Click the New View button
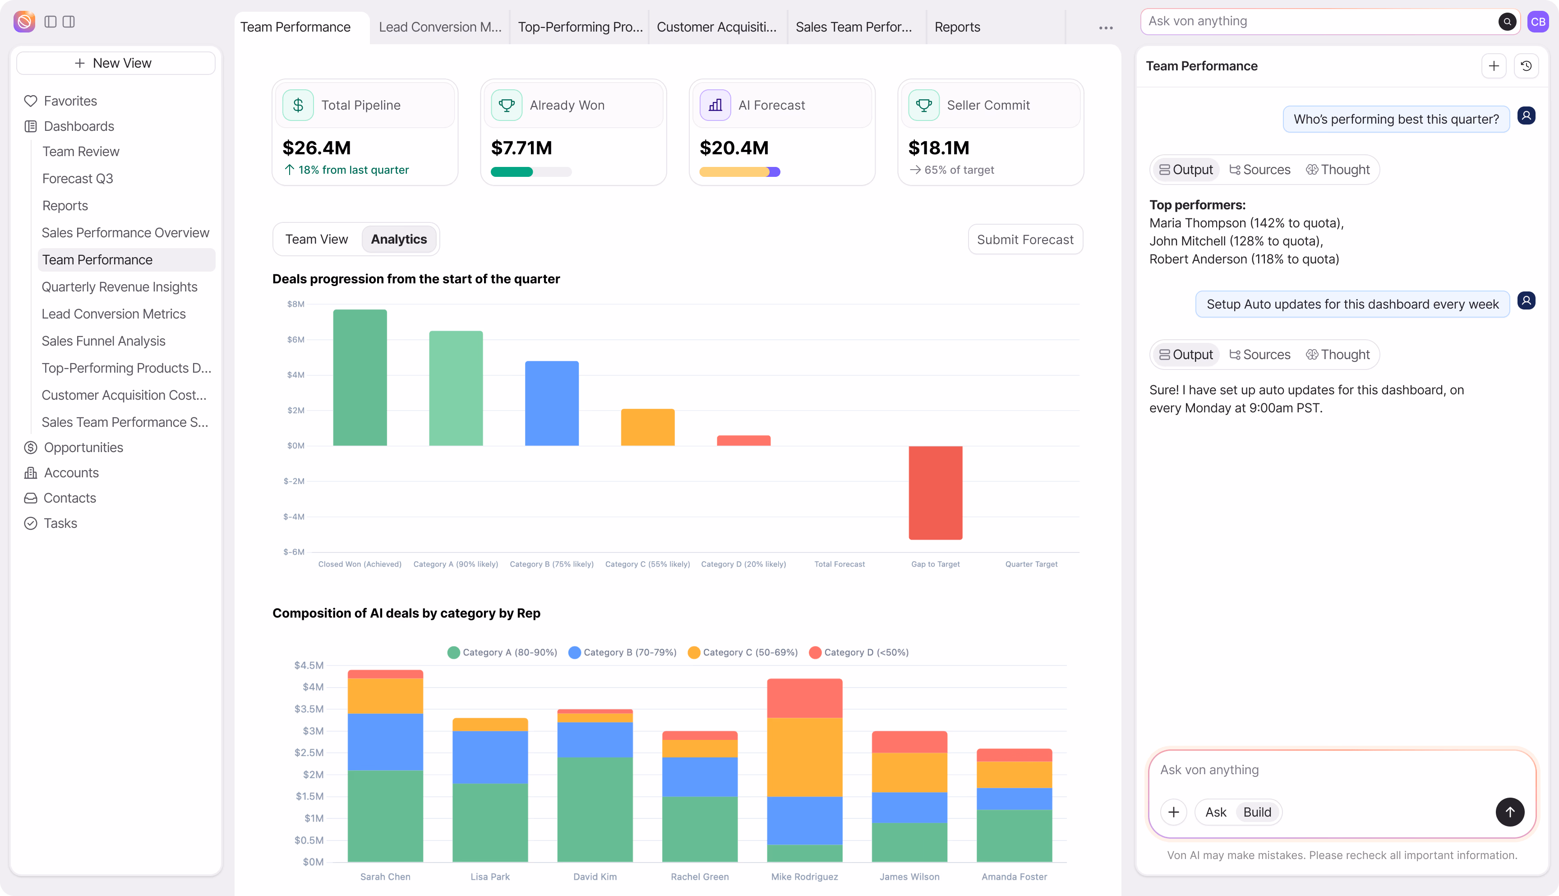click(x=115, y=63)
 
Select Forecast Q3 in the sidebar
click(x=78, y=179)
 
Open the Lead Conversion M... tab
click(x=440, y=27)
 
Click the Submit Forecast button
click(x=1025, y=240)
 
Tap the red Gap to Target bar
click(x=935, y=492)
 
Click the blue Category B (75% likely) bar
click(x=551, y=403)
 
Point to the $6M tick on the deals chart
click(x=295, y=340)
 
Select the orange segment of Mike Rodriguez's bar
click(x=804, y=757)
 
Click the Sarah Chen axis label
click(x=385, y=876)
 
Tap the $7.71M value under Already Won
click(x=521, y=148)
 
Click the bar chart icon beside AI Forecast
click(x=715, y=105)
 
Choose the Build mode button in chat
click(x=1257, y=812)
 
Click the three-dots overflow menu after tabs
click(x=1106, y=28)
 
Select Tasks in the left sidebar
click(x=60, y=523)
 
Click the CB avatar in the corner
click(x=1537, y=22)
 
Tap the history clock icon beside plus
click(x=1526, y=66)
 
